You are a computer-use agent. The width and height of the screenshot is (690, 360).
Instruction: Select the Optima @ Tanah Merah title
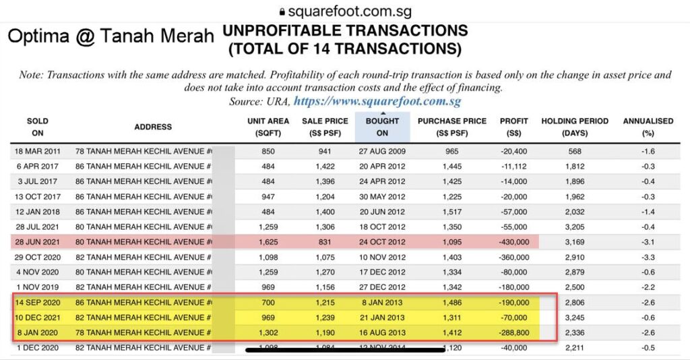[x=110, y=36]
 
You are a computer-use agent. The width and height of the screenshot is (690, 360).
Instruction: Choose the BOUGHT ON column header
[x=382, y=127]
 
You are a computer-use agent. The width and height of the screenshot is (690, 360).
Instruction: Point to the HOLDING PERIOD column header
[x=575, y=127]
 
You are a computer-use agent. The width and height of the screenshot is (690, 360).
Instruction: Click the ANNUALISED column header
[x=648, y=127]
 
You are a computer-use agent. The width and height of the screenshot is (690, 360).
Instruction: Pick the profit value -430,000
[x=514, y=242]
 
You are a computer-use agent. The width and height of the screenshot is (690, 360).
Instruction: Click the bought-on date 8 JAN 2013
[x=382, y=302]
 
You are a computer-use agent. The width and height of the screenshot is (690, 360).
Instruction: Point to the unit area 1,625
[x=268, y=242]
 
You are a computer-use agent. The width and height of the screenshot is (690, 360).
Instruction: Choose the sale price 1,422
[x=325, y=166]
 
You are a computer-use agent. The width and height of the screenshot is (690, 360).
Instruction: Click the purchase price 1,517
[x=452, y=212]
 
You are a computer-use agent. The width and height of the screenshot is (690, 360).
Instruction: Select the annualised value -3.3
[x=648, y=257]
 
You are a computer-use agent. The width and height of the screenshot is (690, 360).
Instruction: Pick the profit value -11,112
[x=514, y=166]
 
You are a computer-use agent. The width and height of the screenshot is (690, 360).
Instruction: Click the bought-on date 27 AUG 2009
[x=382, y=151]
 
